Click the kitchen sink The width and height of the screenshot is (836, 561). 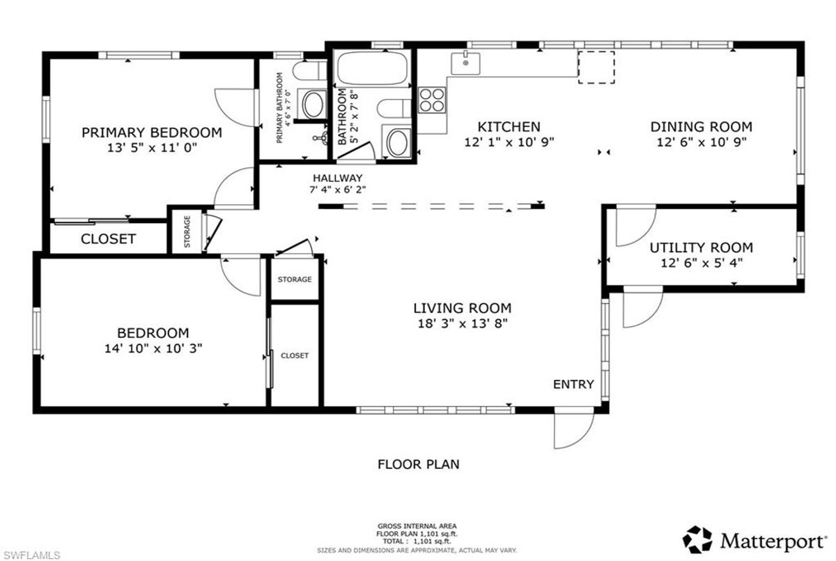coord(465,63)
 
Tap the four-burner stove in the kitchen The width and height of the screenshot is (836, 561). coord(432,100)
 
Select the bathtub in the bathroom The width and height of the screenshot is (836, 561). coord(372,68)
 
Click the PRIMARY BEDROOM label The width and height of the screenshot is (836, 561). coord(152,132)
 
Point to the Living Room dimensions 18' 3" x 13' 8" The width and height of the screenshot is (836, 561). coord(463,323)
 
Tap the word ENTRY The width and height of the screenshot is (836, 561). coord(573,384)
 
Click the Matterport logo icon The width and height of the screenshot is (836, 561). coord(697,539)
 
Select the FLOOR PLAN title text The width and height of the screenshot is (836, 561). coord(419,464)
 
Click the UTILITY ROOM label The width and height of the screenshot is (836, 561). coord(702,248)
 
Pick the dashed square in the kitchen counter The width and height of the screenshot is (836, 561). coord(596,68)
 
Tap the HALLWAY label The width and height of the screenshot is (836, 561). coord(337,178)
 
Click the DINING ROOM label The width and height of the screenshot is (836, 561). coord(702,127)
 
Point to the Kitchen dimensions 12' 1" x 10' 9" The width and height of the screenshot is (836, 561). coord(509,142)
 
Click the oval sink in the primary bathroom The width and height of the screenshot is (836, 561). coord(313,104)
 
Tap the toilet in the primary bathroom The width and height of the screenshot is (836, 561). coord(310,71)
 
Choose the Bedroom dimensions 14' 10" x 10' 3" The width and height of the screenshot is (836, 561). coord(153,348)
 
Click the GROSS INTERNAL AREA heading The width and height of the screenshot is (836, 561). coord(417,526)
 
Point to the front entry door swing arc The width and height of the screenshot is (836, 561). coord(584,437)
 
